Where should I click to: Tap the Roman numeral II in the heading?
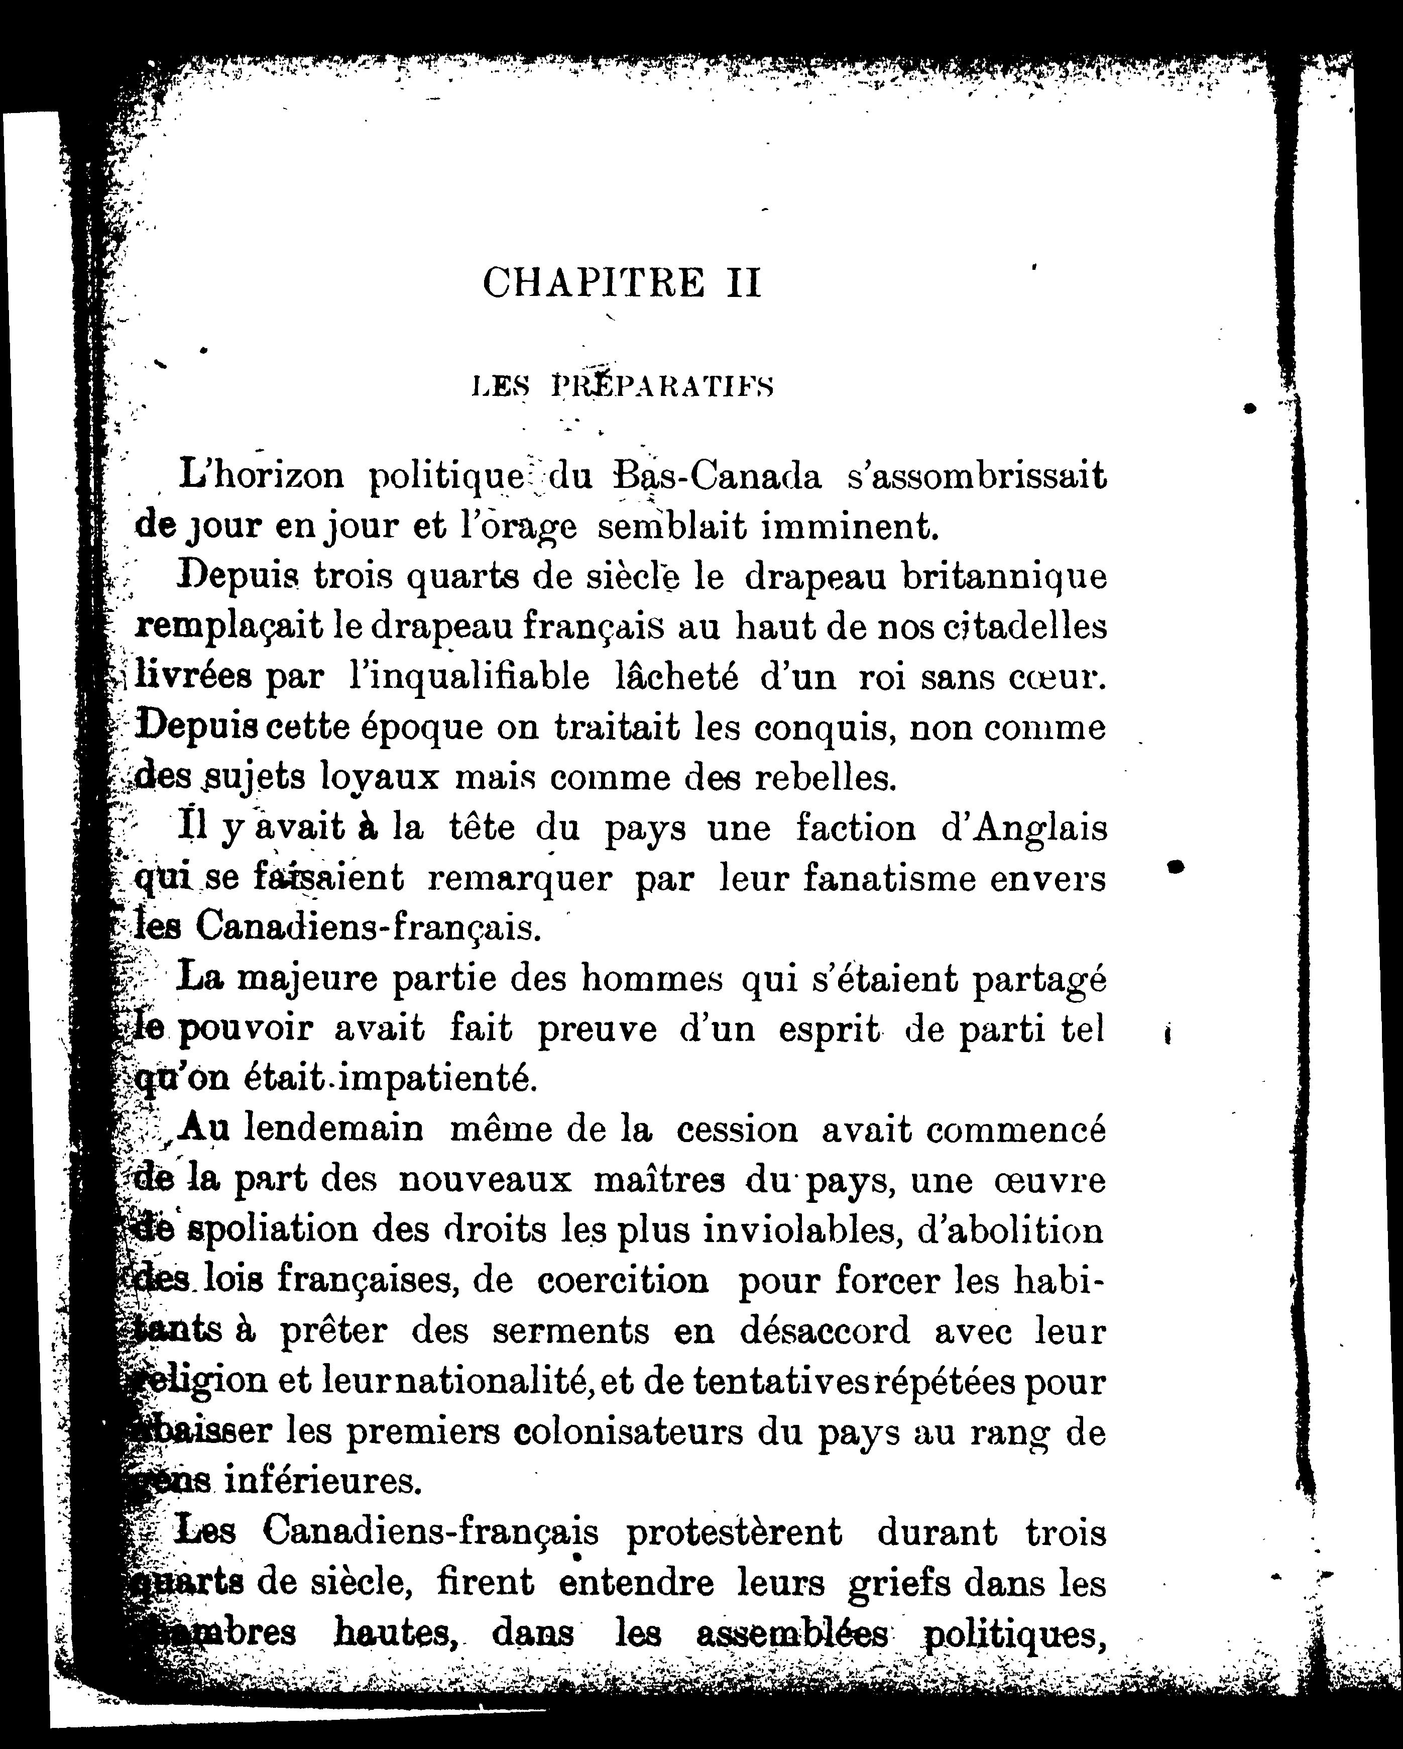point(741,283)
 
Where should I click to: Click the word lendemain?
point(333,1129)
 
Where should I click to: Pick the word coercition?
point(623,1281)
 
